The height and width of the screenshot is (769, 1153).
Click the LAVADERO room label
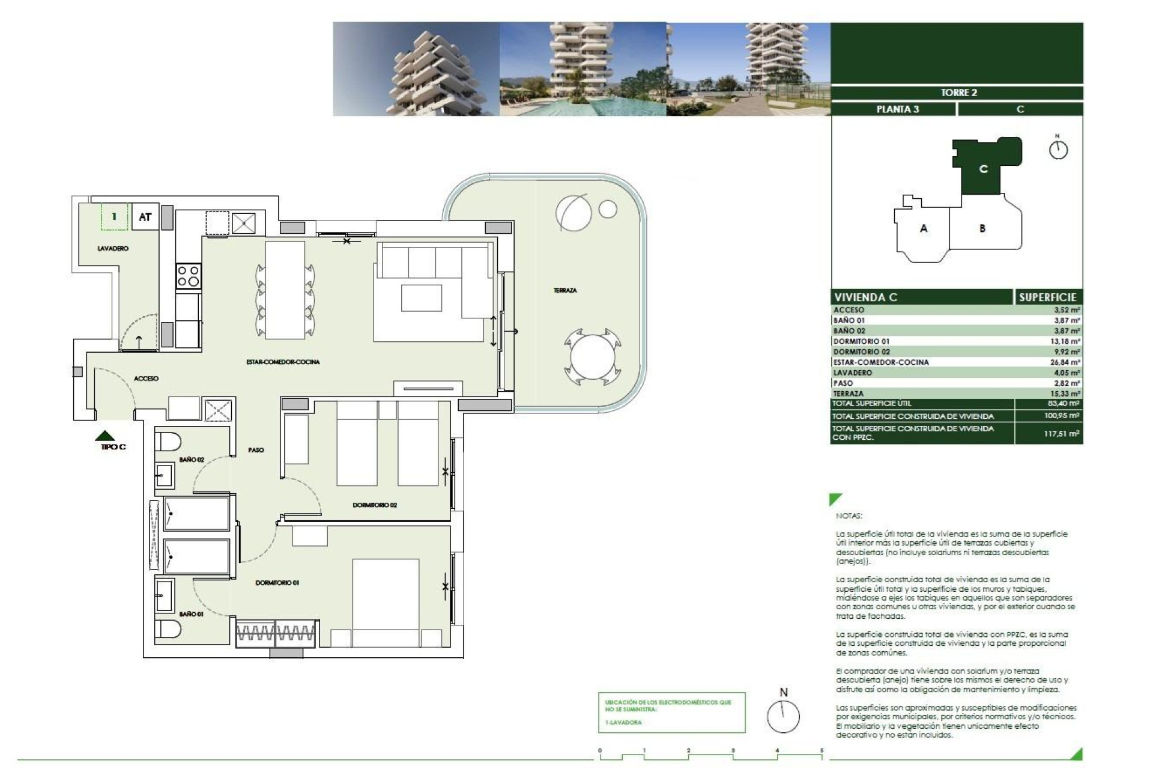[x=113, y=248]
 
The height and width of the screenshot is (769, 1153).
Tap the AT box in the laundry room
[x=145, y=217]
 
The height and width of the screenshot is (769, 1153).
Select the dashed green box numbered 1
[x=115, y=217]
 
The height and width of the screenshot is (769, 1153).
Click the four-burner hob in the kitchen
[x=188, y=277]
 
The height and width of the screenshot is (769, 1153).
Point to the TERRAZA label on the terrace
[x=564, y=290]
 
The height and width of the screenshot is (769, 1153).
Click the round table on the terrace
[x=590, y=359]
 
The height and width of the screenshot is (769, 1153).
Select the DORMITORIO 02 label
[x=375, y=505]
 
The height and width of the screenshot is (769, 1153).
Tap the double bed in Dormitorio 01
[x=386, y=603]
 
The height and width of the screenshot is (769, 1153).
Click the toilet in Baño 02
[x=168, y=442]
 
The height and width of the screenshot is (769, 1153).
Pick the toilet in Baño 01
[x=168, y=630]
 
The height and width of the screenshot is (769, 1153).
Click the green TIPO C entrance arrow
[x=106, y=436]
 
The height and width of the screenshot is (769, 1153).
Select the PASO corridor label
[x=256, y=450]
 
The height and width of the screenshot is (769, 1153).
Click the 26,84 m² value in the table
[x=1067, y=362]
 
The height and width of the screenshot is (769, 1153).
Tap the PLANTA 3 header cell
[x=897, y=109]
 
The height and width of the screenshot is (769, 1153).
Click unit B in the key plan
[x=982, y=228]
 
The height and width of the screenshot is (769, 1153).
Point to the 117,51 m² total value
[x=1061, y=433]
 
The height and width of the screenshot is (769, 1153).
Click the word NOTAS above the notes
[x=849, y=516]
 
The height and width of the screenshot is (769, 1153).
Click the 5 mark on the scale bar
[x=822, y=750]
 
